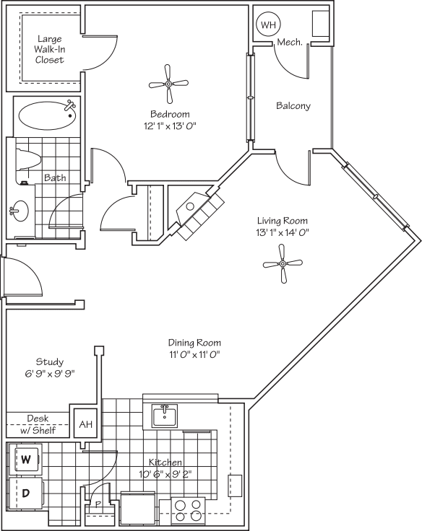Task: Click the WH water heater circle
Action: pyautogui.click(x=269, y=25)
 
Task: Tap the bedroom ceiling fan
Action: pyautogui.click(x=168, y=84)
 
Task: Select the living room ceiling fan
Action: pyautogui.click(x=283, y=263)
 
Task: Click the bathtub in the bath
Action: pyautogui.click(x=47, y=116)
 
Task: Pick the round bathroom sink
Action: pyautogui.click(x=20, y=211)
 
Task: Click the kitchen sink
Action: pyautogui.click(x=165, y=415)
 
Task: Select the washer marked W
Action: pyautogui.click(x=26, y=459)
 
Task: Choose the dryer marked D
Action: pyautogui.click(x=25, y=493)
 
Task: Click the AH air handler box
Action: pyautogui.click(x=85, y=424)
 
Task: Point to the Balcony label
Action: pyautogui.click(x=293, y=105)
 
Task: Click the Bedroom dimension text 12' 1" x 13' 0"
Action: pyautogui.click(x=170, y=126)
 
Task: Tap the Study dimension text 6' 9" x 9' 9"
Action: pyautogui.click(x=50, y=374)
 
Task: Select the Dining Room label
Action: pyautogui.click(x=194, y=343)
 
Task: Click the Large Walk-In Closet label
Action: pyautogui.click(x=50, y=50)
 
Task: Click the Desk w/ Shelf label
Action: pyautogui.click(x=38, y=425)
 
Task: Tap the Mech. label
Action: pyautogui.click(x=289, y=43)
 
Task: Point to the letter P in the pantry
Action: pyautogui.click(x=98, y=505)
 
